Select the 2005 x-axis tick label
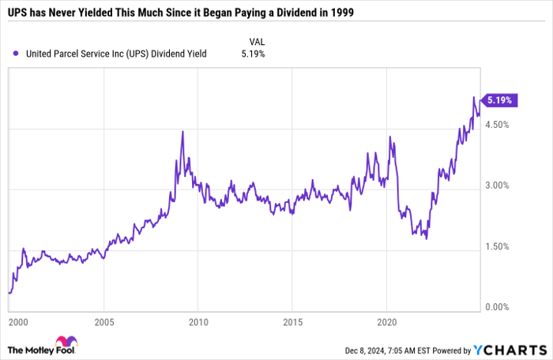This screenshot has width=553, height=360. tap(104, 322)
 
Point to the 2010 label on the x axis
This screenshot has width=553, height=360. tap(197, 322)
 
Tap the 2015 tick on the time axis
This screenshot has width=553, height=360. tap(292, 322)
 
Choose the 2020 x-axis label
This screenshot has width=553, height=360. tap(386, 322)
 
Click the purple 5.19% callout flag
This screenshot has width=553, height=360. tap(500, 100)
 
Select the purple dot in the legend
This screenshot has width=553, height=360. tap(17, 54)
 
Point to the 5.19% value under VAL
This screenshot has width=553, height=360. tap(253, 54)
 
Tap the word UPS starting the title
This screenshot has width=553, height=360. tap(17, 14)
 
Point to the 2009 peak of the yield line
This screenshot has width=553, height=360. tap(182, 132)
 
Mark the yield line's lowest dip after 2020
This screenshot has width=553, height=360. tap(427, 238)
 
